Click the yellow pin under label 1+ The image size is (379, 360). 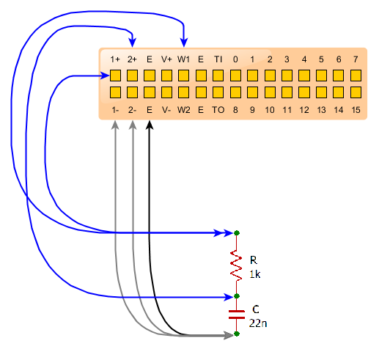coord(115,76)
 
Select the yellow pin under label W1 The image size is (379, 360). coord(183,76)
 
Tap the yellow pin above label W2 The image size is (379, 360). coord(183,92)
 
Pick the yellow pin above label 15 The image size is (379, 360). coord(356,92)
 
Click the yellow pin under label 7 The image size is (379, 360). coord(356,76)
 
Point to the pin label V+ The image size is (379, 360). coord(166,59)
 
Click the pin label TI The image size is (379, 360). coord(218,59)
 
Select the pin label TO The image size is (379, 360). coord(218,110)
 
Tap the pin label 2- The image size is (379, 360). coord(132,110)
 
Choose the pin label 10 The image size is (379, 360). coord(270,110)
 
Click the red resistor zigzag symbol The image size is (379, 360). coord(236,265)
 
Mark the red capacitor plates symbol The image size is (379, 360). coord(237,315)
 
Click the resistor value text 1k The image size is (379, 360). coord(255,274)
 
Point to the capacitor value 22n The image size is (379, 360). coord(258,323)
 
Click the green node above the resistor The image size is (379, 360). coord(237,233)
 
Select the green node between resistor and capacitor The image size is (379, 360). coord(237,296)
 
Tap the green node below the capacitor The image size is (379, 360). coord(237,334)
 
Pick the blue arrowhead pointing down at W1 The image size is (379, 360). coord(184,42)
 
